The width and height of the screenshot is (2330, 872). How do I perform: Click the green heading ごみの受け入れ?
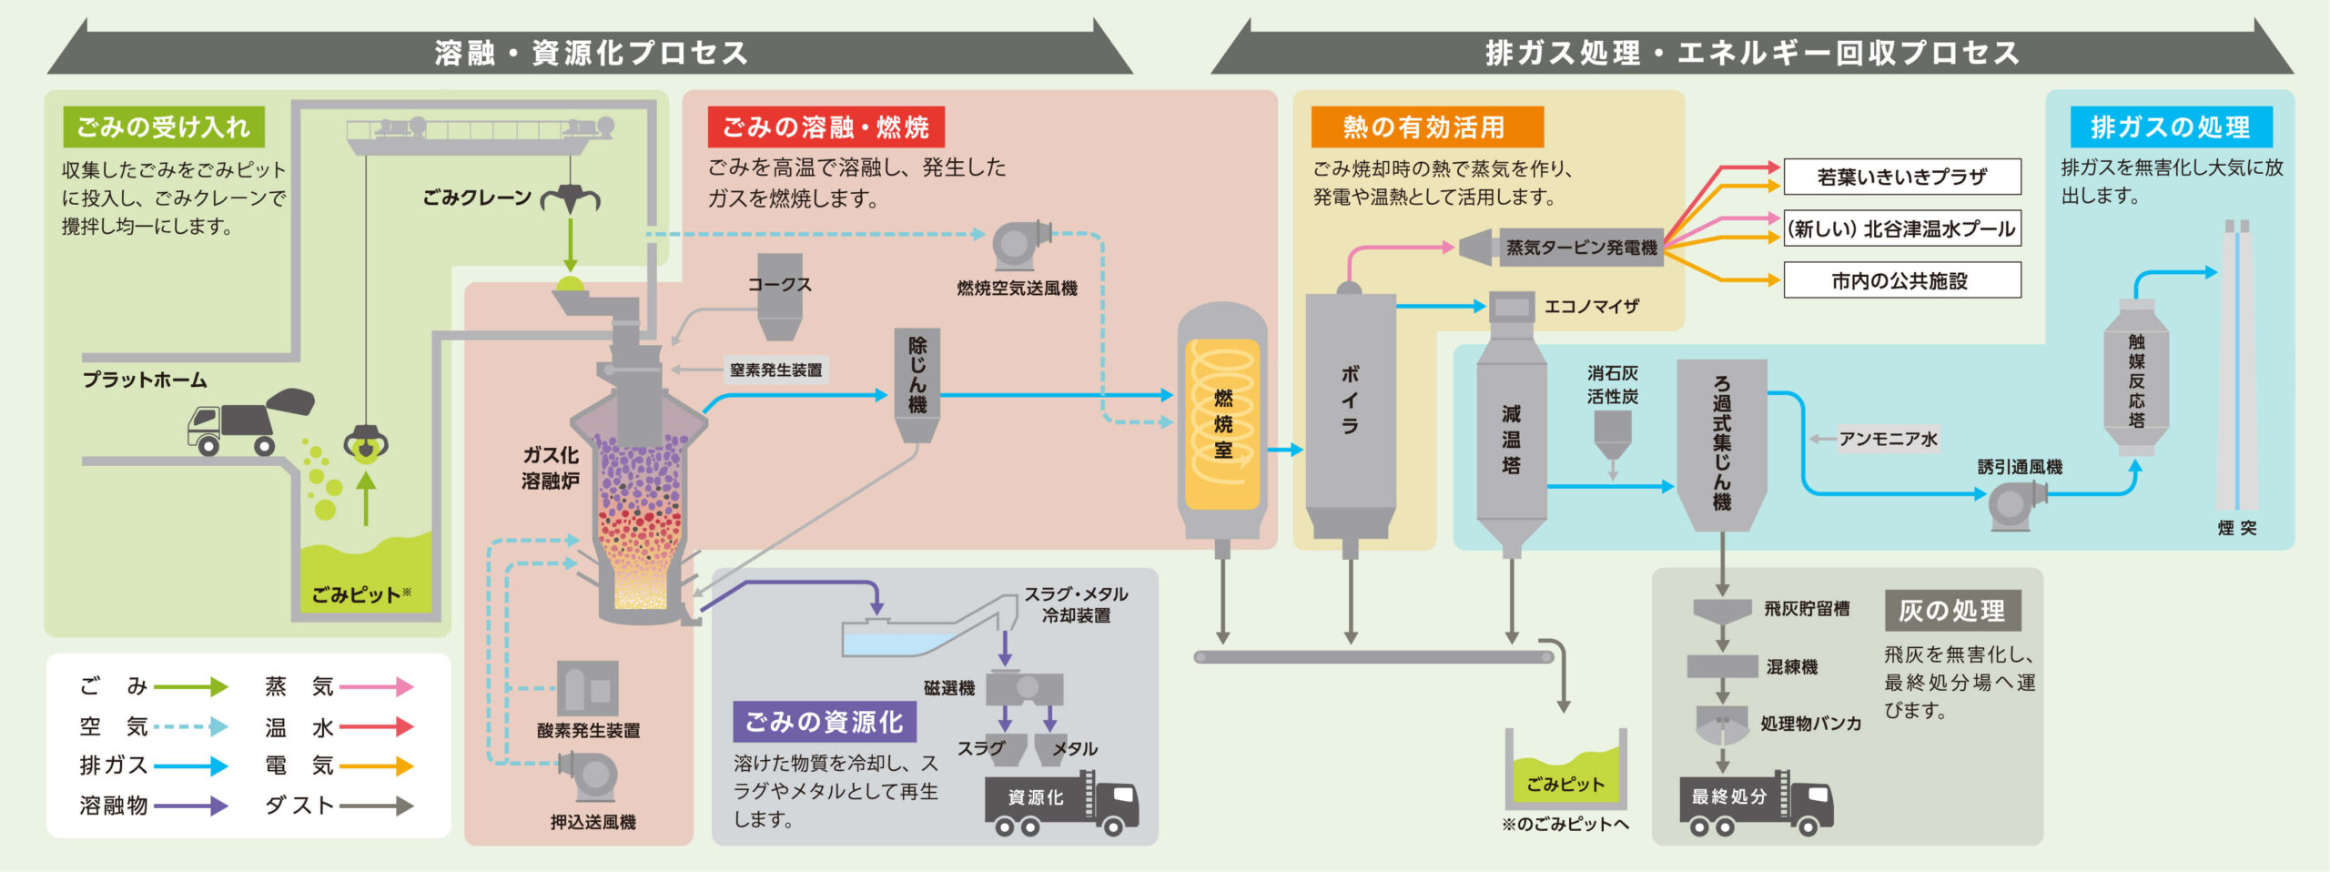164,127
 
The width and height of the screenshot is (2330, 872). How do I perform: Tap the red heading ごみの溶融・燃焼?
826,127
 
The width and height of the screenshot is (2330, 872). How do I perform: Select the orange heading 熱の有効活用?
1426,127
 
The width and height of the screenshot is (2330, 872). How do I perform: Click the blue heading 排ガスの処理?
2170,127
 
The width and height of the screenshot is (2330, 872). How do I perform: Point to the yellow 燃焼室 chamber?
1222,424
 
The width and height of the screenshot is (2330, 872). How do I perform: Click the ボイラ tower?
1350,410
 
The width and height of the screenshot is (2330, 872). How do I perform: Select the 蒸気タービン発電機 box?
1580,248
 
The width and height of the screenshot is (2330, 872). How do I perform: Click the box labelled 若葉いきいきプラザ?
1901,177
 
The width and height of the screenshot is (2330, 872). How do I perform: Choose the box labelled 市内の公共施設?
1901,280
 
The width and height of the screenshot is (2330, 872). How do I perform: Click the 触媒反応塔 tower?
2136,379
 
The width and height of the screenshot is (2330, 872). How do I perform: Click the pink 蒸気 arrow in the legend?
376,686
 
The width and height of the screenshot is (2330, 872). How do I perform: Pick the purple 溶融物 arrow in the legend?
190,806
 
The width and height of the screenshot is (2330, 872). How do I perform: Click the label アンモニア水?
1888,439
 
